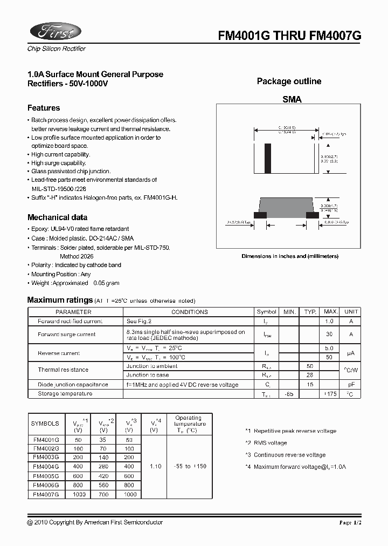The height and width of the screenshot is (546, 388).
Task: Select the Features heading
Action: [44, 108]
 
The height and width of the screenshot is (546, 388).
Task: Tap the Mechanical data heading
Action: [57, 217]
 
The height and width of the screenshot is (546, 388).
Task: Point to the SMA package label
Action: [292, 99]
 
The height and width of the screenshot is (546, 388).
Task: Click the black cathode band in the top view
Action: [267, 158]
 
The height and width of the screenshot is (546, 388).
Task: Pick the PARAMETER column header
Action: [74, 312]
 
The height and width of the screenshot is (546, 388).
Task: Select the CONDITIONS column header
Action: [189, 312]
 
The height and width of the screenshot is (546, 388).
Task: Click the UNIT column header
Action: [351, 312]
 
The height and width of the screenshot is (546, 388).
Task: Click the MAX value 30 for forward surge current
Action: [329, 335]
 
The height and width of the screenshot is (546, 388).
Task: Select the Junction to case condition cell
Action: [148, 374]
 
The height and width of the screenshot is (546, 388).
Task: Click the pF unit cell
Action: [351, 385]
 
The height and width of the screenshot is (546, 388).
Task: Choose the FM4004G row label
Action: [46, 467]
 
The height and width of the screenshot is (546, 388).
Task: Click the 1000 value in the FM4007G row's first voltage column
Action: [79, 494]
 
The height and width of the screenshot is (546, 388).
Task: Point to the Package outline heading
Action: [289, 81]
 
